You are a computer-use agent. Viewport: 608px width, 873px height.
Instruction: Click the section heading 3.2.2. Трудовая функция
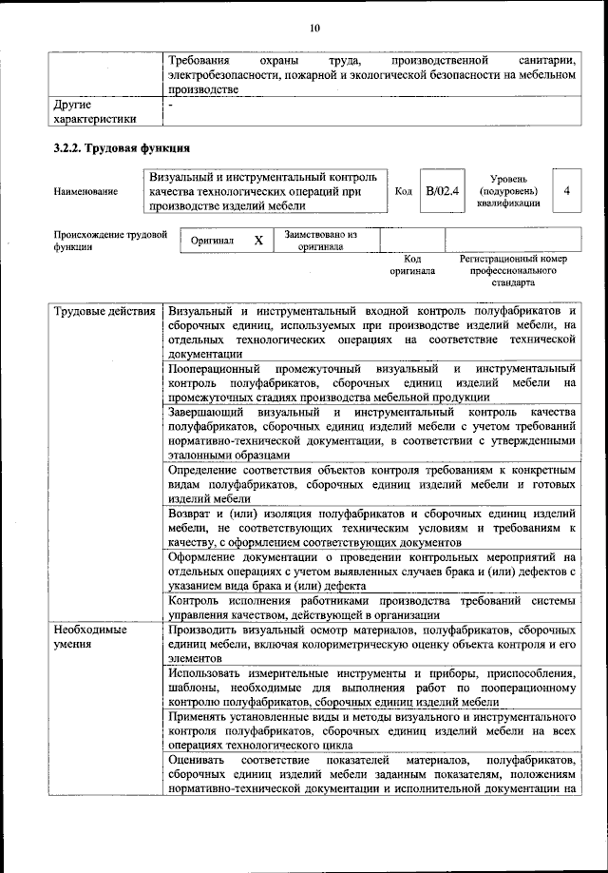[123, 148]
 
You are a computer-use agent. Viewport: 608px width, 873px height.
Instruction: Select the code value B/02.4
[442, 191]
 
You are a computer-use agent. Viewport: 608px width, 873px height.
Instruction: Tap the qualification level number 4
[566, 191]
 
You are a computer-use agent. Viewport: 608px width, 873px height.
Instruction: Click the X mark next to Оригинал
[257, 241]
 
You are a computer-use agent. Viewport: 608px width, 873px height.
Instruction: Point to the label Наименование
[86, 191]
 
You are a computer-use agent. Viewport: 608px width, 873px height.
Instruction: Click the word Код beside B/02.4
[404, 191]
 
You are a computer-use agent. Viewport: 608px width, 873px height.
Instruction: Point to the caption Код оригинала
[412, 264]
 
